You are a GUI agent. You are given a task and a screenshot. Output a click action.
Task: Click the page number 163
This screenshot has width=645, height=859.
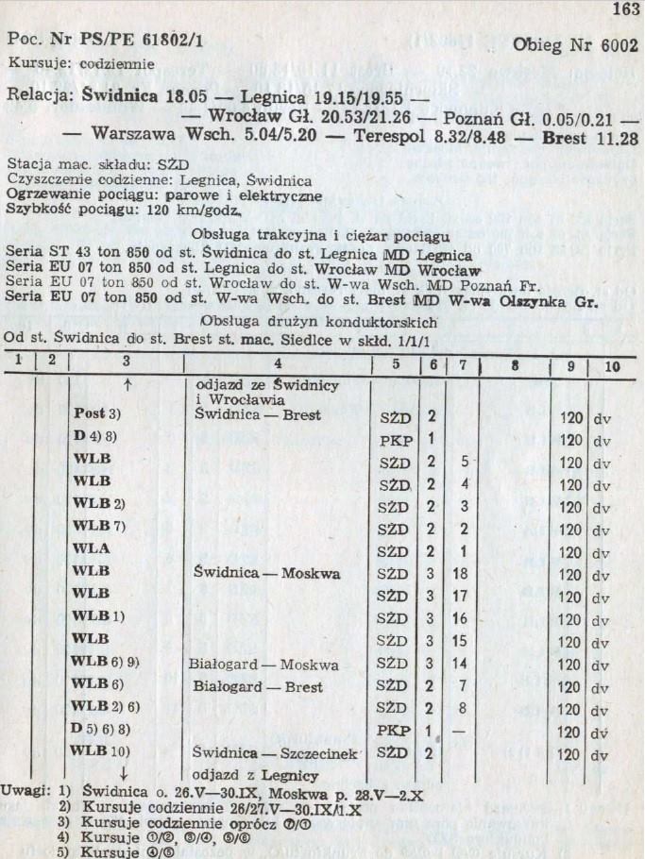[x=624, y=11]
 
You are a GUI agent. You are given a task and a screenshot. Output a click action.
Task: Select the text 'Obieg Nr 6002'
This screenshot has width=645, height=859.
[x=575, y=47]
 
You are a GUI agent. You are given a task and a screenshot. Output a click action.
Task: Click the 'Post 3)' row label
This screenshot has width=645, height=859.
[x=102, y=415]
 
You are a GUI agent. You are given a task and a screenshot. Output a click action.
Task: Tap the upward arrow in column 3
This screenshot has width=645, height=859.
[x=125, y=385]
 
